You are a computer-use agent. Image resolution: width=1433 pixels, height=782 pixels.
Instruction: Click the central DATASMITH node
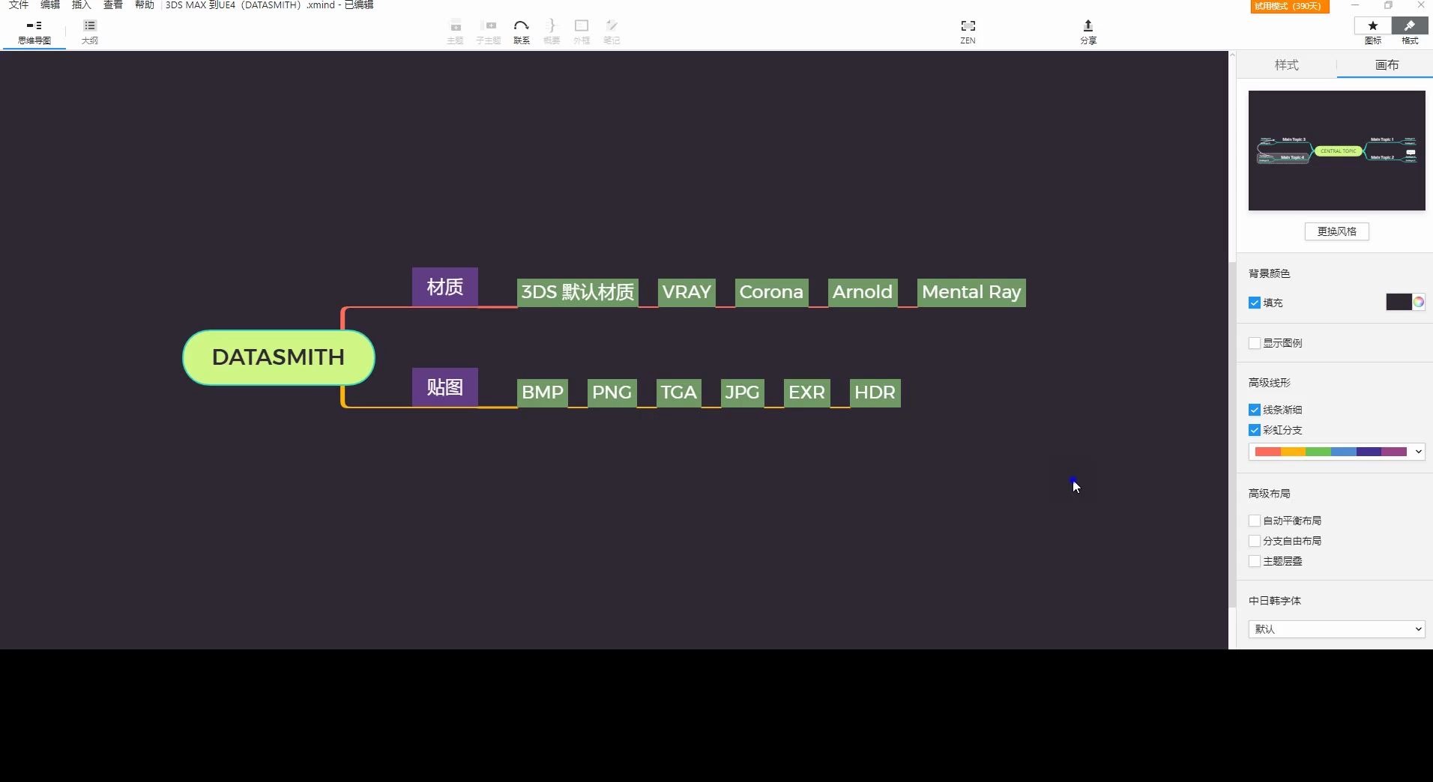pos(278,357)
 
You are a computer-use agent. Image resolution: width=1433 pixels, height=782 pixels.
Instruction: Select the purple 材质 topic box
pos(444,287)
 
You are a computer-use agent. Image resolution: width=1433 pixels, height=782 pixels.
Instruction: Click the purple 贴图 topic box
pos(444,387)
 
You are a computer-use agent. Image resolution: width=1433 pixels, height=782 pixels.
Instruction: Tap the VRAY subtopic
pos(686,292)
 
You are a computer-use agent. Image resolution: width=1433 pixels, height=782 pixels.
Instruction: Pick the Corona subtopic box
pos(771,292)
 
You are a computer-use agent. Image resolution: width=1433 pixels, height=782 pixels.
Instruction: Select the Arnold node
pos(862,292)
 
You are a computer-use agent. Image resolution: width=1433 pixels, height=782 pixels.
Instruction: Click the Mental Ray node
pos(971,292)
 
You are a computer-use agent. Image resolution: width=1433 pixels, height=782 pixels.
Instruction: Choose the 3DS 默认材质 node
pos(577,292)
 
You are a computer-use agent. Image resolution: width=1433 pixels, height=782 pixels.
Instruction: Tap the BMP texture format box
pos(542,392)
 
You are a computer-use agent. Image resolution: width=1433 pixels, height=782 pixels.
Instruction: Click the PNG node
pos(612,392)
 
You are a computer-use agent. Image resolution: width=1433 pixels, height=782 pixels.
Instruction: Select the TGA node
pos(678,392)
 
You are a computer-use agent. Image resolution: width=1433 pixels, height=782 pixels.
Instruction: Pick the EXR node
pos(806,392)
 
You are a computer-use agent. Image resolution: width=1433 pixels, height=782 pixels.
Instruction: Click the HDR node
pos(875,392)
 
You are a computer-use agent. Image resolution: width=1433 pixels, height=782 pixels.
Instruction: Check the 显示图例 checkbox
pos(1255,343)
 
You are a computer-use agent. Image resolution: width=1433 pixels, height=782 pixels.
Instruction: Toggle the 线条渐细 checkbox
pos(1255,410)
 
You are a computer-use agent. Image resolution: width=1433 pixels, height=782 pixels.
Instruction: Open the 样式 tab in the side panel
pos(1286,65)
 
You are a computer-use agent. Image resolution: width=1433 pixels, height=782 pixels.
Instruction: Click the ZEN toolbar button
pos(968,31)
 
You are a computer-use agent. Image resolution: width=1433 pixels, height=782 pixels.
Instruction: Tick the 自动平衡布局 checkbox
pos(1255,521)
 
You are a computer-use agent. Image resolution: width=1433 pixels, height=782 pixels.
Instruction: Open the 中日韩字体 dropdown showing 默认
pos(1336,629)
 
